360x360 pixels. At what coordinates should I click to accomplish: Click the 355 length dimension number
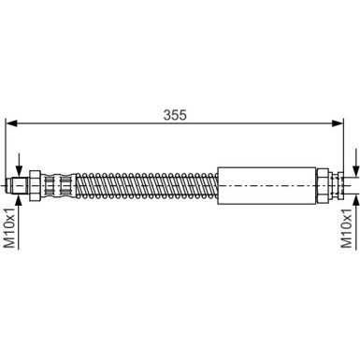tap(175, 115)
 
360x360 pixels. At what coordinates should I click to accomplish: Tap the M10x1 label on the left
tap(9, 227)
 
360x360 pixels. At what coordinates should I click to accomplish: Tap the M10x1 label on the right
tap(346, 228)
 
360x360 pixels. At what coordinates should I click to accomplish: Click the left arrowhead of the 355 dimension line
tap(11, 123)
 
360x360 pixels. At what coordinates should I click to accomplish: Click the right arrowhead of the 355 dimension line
tap(338, 123)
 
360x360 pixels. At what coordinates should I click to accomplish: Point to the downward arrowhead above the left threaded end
tap(19, 170)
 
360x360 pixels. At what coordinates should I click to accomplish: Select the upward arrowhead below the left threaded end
tap(19, 201)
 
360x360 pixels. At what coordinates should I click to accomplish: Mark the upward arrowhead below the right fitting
tap(355, 201)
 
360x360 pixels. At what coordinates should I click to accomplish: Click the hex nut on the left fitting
tap(35, 186)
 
